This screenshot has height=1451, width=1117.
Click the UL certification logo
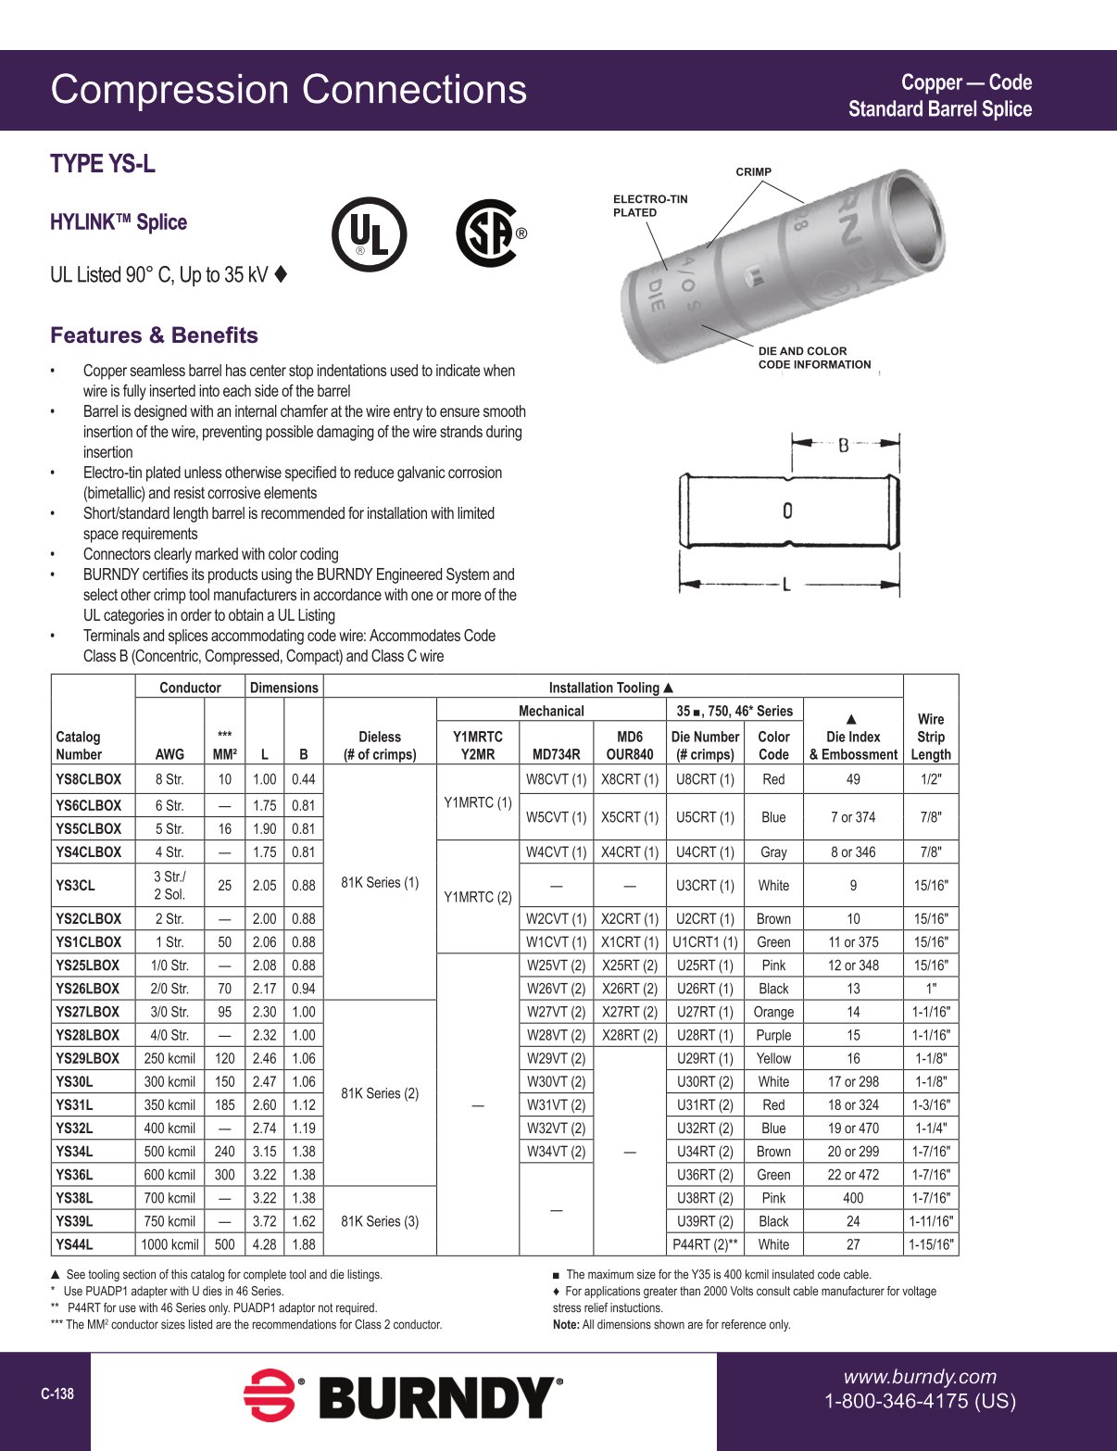tap(369, 234)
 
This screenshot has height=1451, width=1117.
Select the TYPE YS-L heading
tap(103, 164)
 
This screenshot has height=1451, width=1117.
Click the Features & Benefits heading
tap(154, 335)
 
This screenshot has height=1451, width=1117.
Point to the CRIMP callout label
tap(753, 172)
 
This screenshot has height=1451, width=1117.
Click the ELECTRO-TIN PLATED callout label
tap(650, 206)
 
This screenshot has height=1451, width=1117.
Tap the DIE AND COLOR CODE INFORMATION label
tap(814, 358)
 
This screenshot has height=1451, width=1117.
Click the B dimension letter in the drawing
tap(843, 446)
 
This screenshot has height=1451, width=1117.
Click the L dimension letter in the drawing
tap(786, 585)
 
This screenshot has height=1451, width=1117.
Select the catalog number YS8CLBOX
tap(88, 779)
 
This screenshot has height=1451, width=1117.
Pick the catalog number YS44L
tap(74, 1244)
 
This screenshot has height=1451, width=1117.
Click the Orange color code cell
tap(773, 1012)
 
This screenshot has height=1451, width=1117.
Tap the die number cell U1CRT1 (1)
tap(705, 942)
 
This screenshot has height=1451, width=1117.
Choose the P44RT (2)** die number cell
tap(705, 1244)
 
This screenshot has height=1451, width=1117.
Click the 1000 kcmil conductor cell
tap(169, 1244)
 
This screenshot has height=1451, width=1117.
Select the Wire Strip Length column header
tap(930, 737)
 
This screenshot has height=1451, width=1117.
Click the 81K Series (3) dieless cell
tap(380, 1221)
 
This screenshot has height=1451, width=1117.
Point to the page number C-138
tap(57, 1394)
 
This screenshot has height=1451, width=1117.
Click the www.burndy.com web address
tap(920, 1377)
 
